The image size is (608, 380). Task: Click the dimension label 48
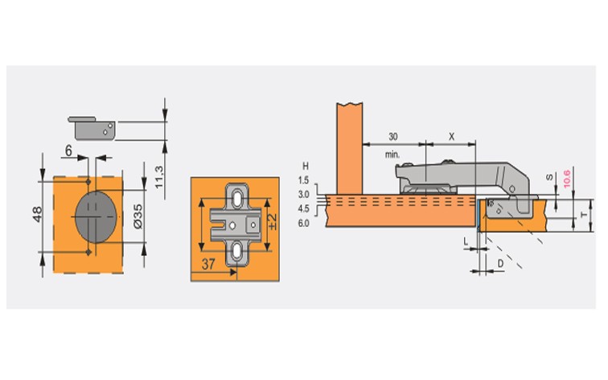point(37,214)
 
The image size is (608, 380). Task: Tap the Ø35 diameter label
point(138,217)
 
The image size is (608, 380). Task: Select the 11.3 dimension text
point(159,177)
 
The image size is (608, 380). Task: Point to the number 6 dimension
point(68,151)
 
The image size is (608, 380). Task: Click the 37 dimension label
point(208,264)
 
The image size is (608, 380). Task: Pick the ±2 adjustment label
point(273,221)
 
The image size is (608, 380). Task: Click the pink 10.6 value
point(567,179)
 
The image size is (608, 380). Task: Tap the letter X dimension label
point(452,137)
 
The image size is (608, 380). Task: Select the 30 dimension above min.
point(392,137)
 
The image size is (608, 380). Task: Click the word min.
point(392,155)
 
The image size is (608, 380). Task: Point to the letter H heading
point(306,166)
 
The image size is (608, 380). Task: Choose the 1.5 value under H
point(304,180)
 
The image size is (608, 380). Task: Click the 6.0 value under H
point(304,224)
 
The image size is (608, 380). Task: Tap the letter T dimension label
point(584,215)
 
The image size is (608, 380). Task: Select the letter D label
point(500,263)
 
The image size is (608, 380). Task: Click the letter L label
point(466,242)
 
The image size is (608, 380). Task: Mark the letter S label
point(549,177)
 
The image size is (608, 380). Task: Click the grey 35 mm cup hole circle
point(96,217)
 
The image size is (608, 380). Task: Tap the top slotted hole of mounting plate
point(236,199)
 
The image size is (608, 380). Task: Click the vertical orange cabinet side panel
point(349,149)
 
